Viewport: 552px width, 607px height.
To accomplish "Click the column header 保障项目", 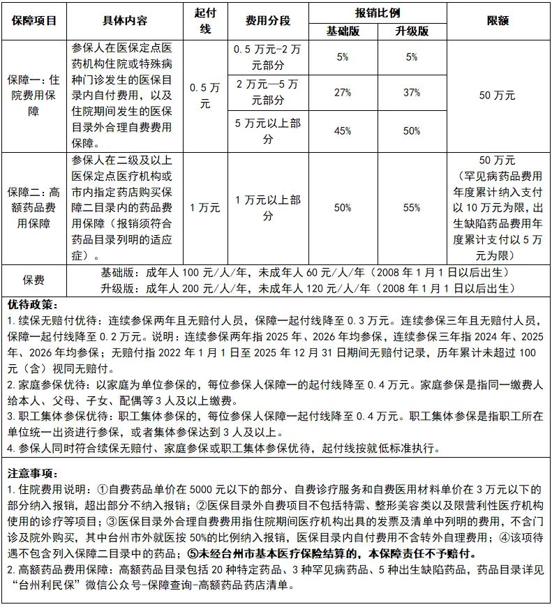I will tap(33, 20).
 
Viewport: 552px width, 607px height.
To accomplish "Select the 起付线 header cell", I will tap(205, 20).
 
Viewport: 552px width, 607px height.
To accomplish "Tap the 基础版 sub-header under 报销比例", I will tap(342, 31).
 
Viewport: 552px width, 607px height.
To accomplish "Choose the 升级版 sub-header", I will tap(412, 31).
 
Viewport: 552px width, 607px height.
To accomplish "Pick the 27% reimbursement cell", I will tap(342, 92).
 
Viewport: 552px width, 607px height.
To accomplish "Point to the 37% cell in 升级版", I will tap(412, 92).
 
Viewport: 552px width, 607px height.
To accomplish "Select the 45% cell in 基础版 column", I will tap(342, 130).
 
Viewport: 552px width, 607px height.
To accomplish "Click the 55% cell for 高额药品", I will tap(412, 207).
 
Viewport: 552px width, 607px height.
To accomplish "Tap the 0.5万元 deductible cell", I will tap(205, 96).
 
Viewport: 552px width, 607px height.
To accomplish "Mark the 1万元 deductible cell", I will tap(205, 207).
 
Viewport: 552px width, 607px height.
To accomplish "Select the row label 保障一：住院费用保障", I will tap(33, 96).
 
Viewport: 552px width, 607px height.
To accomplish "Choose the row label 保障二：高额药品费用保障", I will tap(33, 207).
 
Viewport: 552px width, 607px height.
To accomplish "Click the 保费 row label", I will tap(33, 280).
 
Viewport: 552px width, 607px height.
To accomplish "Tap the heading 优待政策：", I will tap(33, 306).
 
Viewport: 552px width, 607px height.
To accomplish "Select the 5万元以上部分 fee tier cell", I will tap(268, 130).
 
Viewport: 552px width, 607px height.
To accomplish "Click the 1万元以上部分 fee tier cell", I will tap(268, 207).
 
